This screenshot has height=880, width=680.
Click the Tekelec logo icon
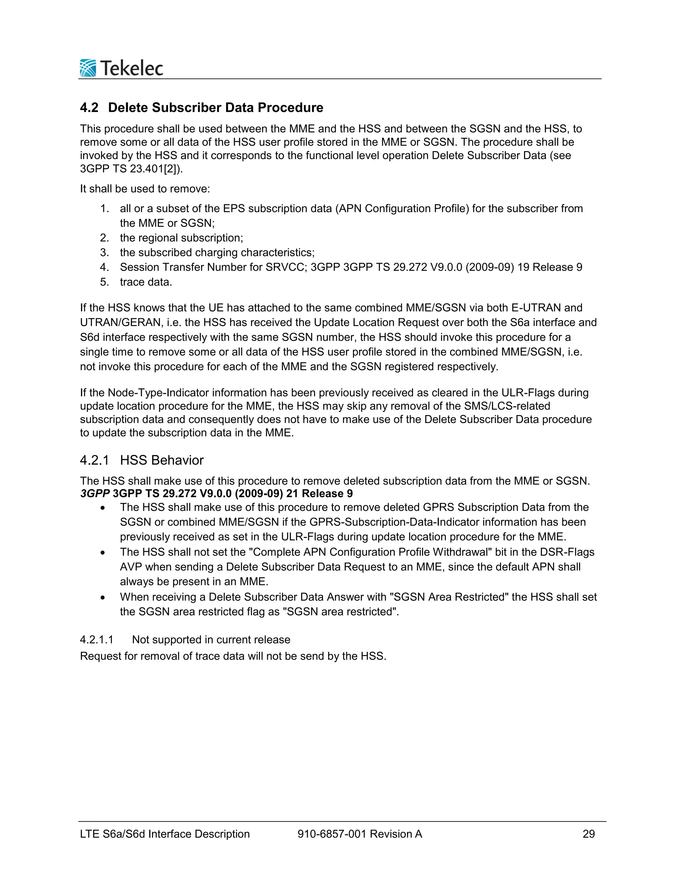tap(88, 68)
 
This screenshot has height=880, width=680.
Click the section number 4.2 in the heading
tap(89, 108)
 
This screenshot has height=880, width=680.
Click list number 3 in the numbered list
tap(104, 253)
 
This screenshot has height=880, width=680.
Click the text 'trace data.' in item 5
tap(146, 282)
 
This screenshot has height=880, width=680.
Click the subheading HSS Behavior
tap(162, 460)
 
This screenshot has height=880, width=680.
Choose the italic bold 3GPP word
tap(95, 493)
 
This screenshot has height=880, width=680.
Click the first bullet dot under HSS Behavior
tap(103, 508)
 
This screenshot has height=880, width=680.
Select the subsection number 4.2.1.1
tap(97, 640)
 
